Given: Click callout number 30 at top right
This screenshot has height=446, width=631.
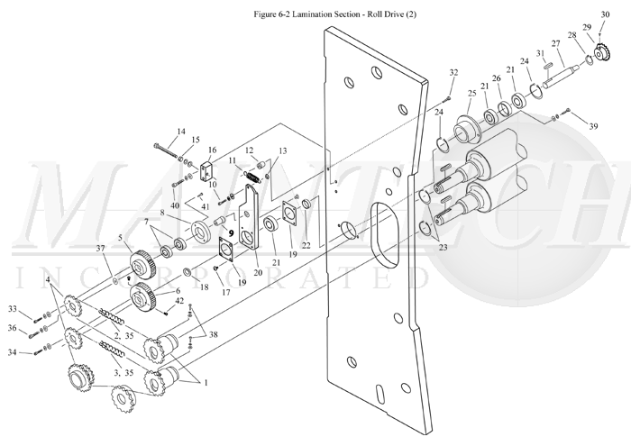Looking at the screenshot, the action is click(x=605, y=15).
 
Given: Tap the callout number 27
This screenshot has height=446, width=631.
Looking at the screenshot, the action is click(x=556, y=43).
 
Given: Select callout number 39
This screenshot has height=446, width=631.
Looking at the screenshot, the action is click(x=593, y=126).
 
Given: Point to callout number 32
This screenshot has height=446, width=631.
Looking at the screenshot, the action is click(x=453, y=72).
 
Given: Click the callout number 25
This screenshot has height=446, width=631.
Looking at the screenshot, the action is click(x=472, y=94).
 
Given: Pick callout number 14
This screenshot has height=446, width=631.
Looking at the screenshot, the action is click(x=181, y=132).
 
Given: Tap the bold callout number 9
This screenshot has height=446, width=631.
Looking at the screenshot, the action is click(x=231, y=232).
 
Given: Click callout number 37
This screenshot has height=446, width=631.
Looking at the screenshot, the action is click(x=100, y=249).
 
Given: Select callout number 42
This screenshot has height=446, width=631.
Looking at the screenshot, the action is click(x=179, y=301).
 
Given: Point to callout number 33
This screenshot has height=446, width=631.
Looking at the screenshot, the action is click(x=13, y=309).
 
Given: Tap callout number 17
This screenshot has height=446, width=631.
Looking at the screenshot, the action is click(x=226, y=292).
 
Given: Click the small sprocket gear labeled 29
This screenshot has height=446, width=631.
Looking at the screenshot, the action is click(x=602, y=51).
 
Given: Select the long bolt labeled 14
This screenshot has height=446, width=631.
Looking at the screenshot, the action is click(x=165, y=150).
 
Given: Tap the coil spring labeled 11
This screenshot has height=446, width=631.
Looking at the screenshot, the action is click(x=252, y=177).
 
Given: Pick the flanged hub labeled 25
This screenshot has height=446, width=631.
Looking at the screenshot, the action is click(x=467, y=129).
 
